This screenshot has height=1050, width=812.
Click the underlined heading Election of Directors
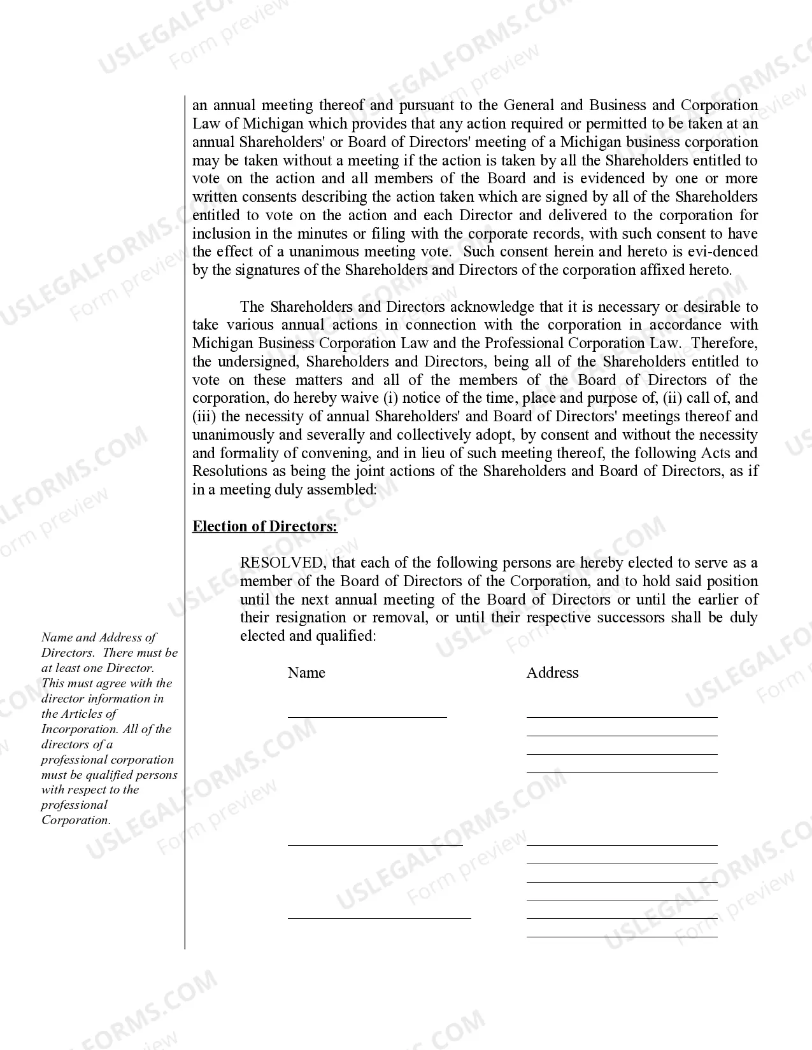tap(265, 526)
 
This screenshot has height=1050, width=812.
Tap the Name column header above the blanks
tap(306, 673)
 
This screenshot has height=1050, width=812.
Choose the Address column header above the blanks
tap(552, 673)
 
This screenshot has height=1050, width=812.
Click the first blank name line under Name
tap(367, 717)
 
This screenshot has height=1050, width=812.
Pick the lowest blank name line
tap(379, 918)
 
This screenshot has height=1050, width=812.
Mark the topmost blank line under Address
tap(622, 717)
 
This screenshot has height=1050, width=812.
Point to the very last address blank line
tap(622, 937)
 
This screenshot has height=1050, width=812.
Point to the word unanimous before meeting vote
tap(320, 251)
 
